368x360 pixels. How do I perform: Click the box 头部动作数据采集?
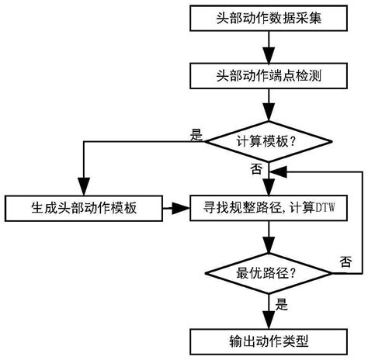point(267,16)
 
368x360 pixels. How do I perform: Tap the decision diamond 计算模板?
point(267,141)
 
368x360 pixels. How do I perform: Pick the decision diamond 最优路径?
point(267,273)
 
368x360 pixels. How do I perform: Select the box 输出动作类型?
point(267,339)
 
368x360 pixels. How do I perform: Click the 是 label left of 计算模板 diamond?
point(196,134)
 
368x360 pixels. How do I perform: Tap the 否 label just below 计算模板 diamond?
point(255,168)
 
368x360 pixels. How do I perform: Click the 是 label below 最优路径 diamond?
point(281,306)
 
